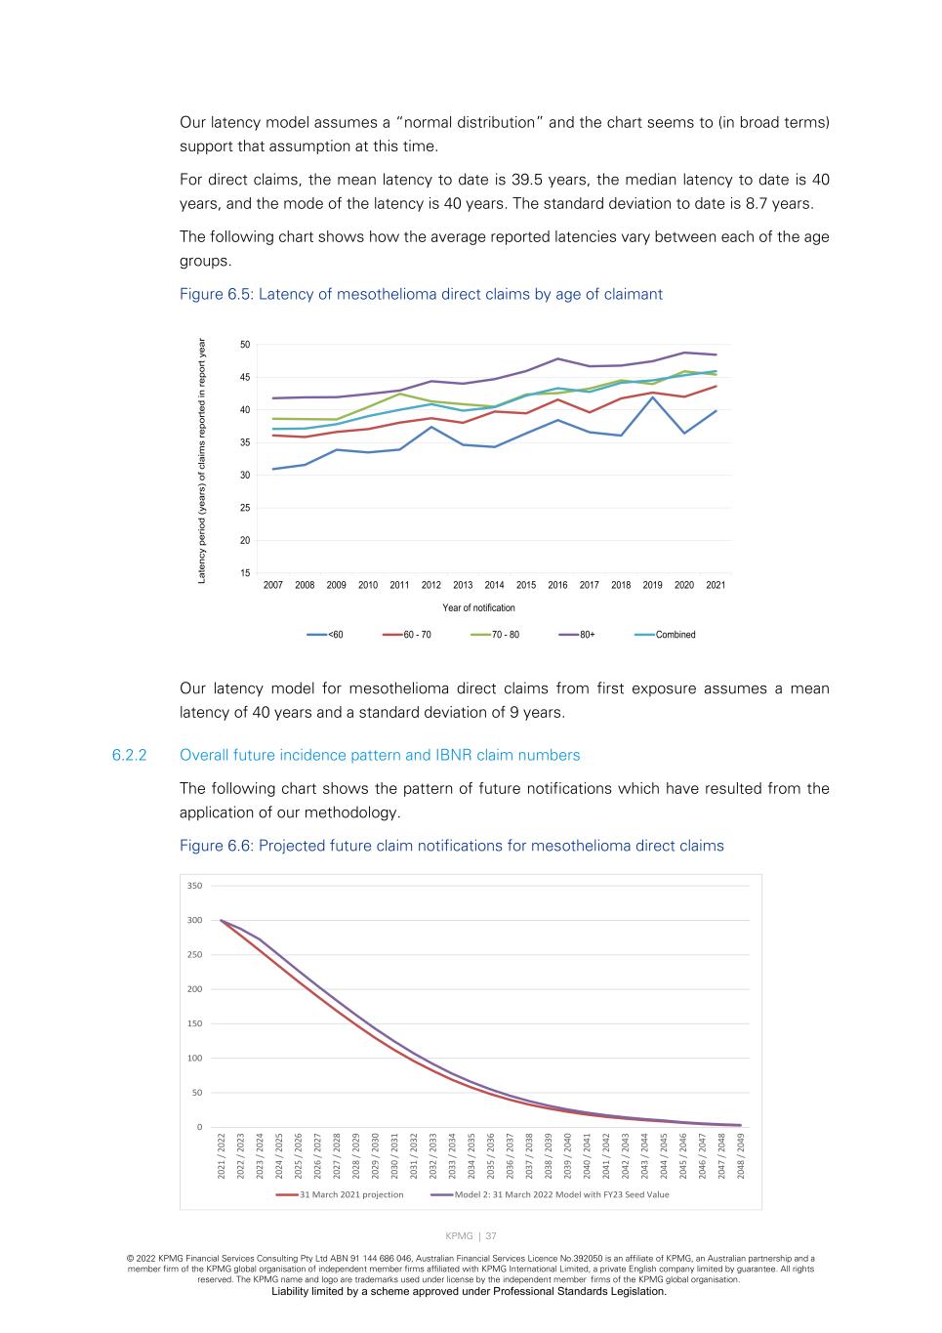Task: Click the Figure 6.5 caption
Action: tap(421, 294)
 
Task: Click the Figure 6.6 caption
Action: tap(451, 846)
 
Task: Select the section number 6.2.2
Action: tap(129, 755)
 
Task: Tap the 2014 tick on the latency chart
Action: tap(494, 585)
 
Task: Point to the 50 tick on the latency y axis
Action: tap(244, 345)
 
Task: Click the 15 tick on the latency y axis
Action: tap(244, 573)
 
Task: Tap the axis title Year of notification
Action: tap(478, 607)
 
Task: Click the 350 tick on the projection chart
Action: tap(194, 886)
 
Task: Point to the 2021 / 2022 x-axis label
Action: tap(222, 1154)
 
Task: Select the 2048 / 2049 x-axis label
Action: tap(741, 1154)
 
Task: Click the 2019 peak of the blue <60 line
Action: tap(652, 397)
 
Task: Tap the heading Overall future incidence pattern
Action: tap(380, 755)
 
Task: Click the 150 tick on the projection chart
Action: tap(194, 1023)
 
